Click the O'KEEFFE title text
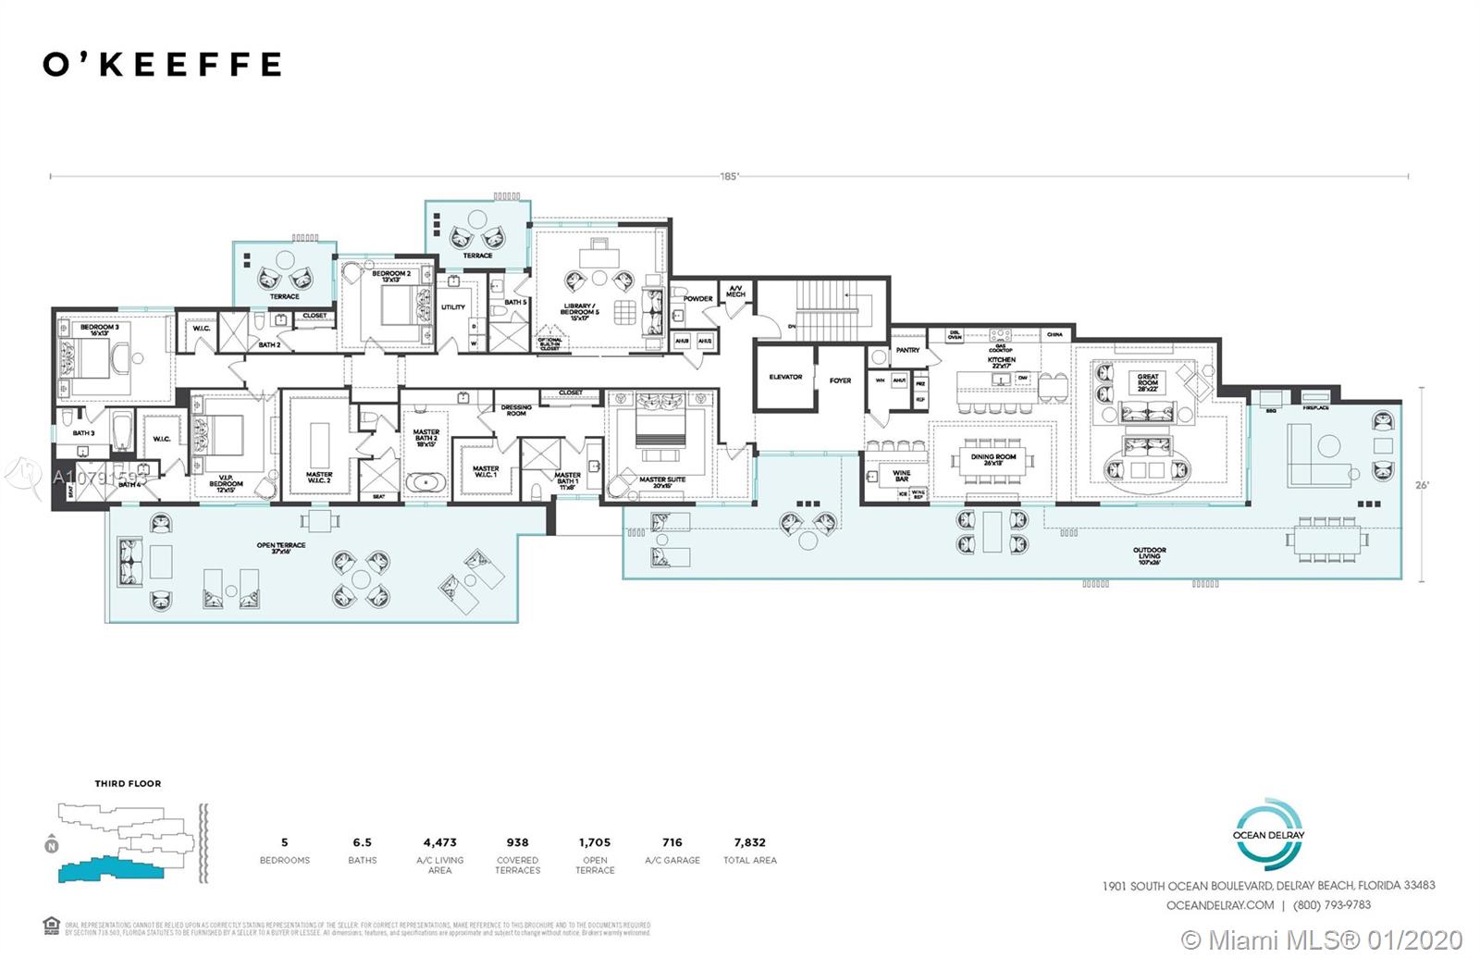click(x=162, y=64)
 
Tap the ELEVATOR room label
click(x=784, y=377)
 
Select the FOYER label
click(x=840, y=380)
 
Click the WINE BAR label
click(x=901, y=476)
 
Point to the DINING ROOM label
click(x=993, y=458)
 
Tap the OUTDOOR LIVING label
click(x=1149, y=554)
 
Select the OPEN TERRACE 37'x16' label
click(x=281, y=548)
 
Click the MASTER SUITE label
click(x=662, y=481)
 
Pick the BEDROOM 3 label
click(x=99, y=329)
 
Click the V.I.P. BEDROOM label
click(x=226, y=481)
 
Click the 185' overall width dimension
click(x=730, y=176)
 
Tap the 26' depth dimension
click(x=1422, y=485)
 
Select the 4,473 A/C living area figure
click(x=439, y=842)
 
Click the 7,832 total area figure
click(x=749, y=842)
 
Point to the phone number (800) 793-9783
click(x=1331, y=905)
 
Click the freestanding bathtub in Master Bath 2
click(x=425, y=481)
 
